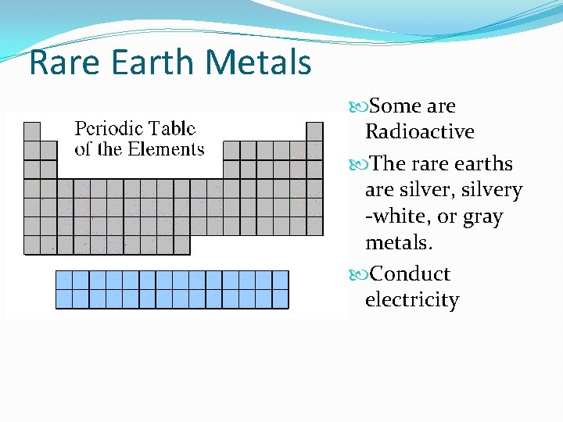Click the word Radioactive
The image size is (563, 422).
coord(419,131)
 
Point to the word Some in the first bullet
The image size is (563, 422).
coord(395,105)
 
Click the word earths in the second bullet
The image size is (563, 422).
coord(485,164)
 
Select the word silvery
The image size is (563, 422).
coord(494,190)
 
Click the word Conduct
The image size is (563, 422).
coord(410,274)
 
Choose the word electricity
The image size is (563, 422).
coord(412,300)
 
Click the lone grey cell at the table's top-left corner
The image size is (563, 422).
coord(32,131)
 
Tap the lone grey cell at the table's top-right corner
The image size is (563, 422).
coord(314,131)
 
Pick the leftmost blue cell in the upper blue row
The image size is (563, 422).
coord(64,280)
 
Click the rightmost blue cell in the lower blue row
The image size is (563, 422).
coord(280,299)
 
